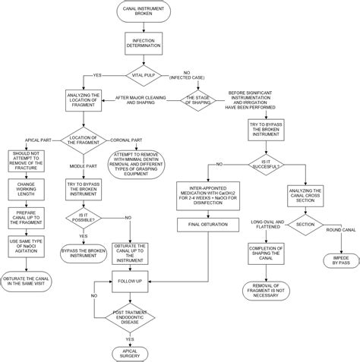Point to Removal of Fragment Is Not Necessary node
tap(270, 289)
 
